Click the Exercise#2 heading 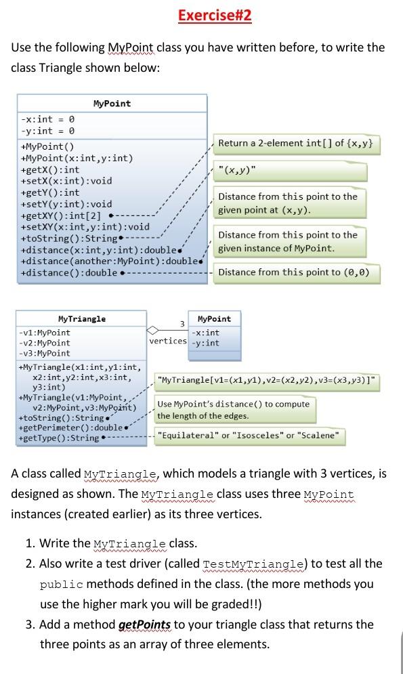click(x=215, y=16)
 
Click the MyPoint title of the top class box click(x=112, y=104)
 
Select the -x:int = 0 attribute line click(x=47, y=119)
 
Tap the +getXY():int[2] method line click(x=61, y=215)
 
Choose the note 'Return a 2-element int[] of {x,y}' click(x=295, y=143)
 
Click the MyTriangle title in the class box click(x=82, y=318)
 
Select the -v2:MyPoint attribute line click(x=45, y=343)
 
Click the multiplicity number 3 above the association click(x=182, y=324)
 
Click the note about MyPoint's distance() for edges click(x=234, y=409)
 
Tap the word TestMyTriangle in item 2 click(x=250, y=564)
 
